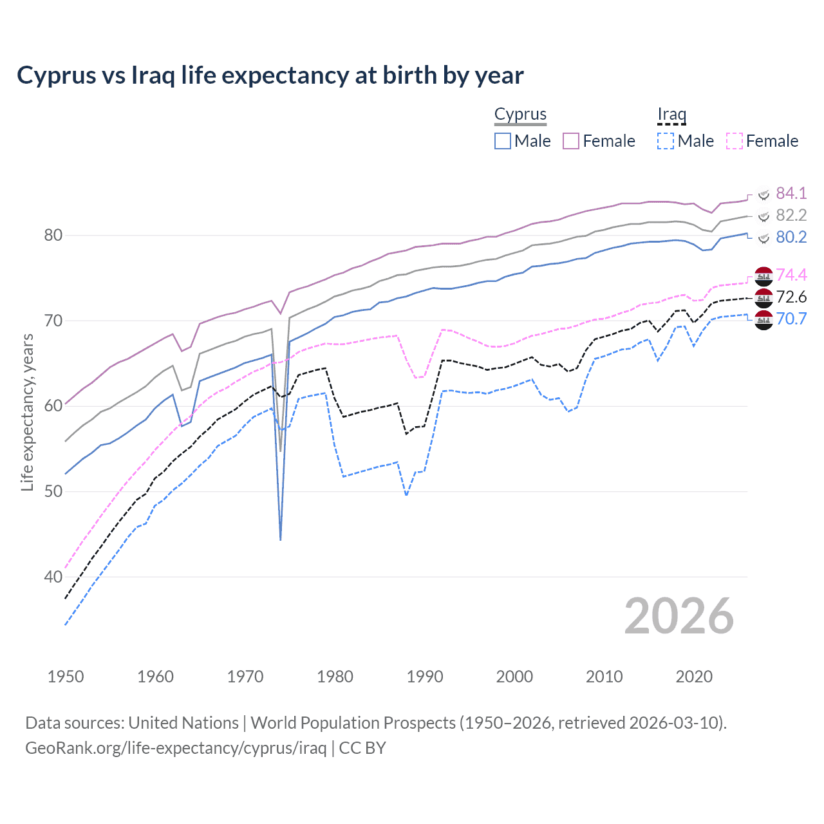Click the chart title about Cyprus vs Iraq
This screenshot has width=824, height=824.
coord(270,75)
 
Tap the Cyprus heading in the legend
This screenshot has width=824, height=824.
coord(520,114)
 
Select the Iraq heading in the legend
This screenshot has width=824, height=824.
coord(671,114)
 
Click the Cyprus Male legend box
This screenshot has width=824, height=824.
coord(503,141)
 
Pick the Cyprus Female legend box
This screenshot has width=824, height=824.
coord(571,141)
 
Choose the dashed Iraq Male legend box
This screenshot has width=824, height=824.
coord(666,141)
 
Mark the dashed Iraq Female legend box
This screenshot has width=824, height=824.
coord(735,141)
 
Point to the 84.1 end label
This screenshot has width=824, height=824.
coord(791,193)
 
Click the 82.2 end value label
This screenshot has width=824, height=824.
coord(791,215)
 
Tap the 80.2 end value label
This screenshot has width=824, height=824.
coord(791,237)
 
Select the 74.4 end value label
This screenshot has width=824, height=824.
coord(791,275)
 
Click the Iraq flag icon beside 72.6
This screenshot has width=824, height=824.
coord(763,297)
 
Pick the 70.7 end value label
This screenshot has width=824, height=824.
coord(791,319)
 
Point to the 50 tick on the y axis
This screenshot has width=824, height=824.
coord(53,491)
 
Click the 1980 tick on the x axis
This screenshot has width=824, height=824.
coord(335,677)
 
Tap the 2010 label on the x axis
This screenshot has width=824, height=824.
coord(604,677)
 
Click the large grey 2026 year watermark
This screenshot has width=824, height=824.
coord(679,616)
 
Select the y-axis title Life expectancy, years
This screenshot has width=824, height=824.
coord(27,412)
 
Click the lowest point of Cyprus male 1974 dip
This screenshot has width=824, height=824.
coord(281,539)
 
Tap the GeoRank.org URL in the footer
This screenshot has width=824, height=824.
coord(176,748)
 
